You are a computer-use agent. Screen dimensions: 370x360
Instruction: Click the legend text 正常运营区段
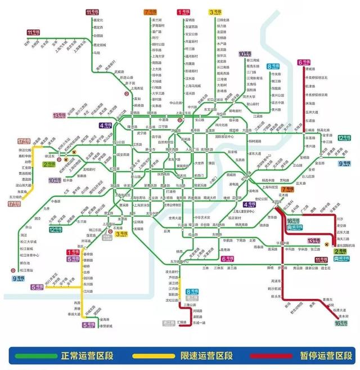[x=85, y=356]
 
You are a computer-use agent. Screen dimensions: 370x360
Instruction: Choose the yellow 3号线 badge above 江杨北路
[x=215, y=12]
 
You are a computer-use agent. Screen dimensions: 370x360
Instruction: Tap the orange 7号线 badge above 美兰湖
[x=150, y=12]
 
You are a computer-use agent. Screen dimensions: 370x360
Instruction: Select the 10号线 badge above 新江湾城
[x=245, y=55]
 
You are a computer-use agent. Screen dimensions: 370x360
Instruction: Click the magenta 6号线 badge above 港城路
[x=304, y=63]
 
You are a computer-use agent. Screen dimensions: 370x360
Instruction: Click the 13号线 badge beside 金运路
[x=60, y=115]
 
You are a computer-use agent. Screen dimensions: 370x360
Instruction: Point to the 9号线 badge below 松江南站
[x=19, y=278]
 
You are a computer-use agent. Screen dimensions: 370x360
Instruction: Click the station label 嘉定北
[x=98, y=20]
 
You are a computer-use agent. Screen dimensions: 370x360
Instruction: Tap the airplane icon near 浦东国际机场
[x=329, y=243]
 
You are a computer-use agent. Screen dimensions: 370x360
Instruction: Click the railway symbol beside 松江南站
[x=13, y=268]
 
